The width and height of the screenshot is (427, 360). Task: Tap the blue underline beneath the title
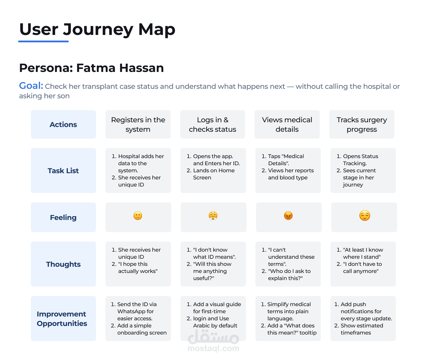(x=43, y=41)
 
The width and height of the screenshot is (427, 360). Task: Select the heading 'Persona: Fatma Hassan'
(x=91, y=68)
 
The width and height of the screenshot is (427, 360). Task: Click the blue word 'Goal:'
(x=31, y=86)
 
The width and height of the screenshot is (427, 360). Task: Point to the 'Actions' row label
(x=63, y=124)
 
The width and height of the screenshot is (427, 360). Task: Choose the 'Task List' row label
(x=63, y=171)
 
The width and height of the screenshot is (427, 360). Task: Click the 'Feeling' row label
(x=63, y=217)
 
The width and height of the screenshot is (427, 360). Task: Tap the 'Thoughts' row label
(x=63, y=264)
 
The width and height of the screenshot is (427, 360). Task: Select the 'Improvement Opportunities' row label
(x=62, y=319)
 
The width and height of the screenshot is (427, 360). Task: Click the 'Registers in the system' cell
(x=138, y=124)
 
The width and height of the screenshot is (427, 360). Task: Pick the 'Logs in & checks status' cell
(x=212, y=124)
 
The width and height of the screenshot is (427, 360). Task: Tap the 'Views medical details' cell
(x=287, y=124)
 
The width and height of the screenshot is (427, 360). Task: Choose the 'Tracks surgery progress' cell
(x=362, y=124)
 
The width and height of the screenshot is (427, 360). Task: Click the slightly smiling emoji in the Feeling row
(x=138, y=216)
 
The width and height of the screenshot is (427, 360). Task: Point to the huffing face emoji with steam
(x=213, y=216)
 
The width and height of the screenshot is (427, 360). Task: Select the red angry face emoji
(x=288, y=216)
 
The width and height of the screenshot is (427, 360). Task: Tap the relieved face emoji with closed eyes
(x=365, y=216)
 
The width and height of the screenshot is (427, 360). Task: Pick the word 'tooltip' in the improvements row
(x=308, y=333)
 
